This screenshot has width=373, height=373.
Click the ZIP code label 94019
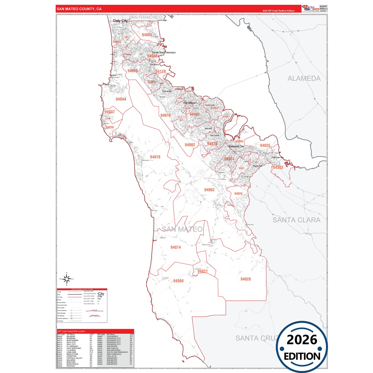tap(155, 157)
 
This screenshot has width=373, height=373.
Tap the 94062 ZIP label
tap(209, 190)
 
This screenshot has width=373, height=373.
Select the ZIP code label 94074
tap(176, 247)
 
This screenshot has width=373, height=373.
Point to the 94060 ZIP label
tap(178, 281)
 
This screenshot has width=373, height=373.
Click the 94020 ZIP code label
tap(245, 279)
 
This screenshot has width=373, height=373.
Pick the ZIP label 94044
tap(121, 99)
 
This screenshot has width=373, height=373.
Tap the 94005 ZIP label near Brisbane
tap(147, 35)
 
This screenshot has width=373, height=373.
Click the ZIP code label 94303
tap(278, 168)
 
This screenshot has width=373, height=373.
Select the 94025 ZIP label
tap(265, 146)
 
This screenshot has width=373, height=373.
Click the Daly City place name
tap(120, 21)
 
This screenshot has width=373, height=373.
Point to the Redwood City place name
tap(236, 146)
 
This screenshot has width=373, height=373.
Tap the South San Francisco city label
tap(164, 52)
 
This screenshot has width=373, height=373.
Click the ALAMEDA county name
tap(304, 78)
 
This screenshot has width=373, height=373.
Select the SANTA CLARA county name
tap(296, 220)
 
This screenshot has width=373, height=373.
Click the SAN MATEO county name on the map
tap(182, 229)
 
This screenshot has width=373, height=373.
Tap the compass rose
tap(67, 279)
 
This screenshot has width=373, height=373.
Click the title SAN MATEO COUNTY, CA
tap(79, 9)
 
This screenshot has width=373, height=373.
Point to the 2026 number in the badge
tap(302, 340)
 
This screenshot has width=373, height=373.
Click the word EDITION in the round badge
tap(302, 356)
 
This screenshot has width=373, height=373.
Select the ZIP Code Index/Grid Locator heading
tap(71, 331)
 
